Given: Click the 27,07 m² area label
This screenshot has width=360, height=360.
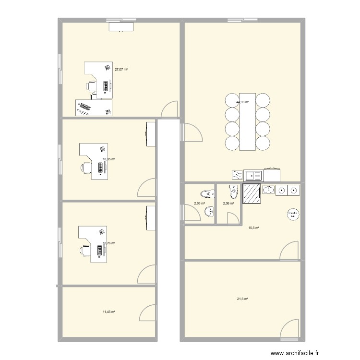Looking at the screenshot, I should tap(121, 70).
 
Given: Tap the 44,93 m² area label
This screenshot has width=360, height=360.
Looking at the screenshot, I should tap(243, 102).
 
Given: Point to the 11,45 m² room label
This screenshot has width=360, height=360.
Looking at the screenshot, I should tap(109, 312).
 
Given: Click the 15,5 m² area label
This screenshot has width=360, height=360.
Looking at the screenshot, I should tap(253, 228).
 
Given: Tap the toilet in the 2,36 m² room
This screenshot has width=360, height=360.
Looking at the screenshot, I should tap(234, 192).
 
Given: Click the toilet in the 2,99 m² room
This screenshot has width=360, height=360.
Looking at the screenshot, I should tap(205, 194).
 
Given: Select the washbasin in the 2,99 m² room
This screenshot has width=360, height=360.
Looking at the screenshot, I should tap(209, 212).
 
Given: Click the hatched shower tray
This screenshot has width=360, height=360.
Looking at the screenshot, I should tap(252, 194).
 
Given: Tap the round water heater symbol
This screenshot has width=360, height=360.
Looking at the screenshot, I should tap(292, 214).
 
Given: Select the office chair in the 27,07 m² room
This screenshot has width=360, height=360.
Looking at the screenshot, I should tap(91, 86).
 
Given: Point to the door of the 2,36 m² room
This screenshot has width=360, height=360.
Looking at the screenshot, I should tap(234, 219).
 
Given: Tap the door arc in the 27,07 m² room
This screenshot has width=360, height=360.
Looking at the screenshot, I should tap(169, 110).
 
